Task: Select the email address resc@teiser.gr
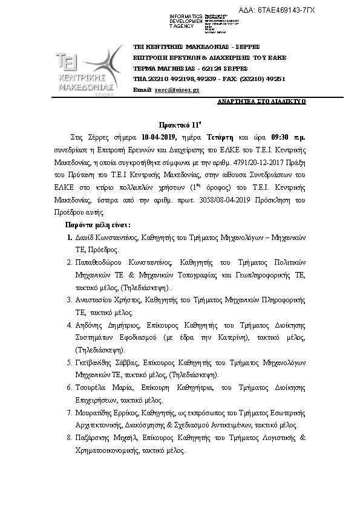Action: click(x=177, y=89)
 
